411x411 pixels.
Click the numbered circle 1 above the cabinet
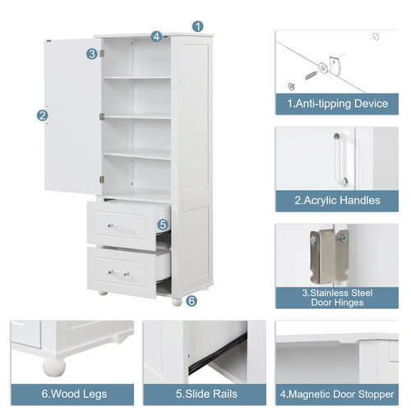pyautogui.click(x=198, y=26)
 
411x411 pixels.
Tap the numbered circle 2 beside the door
pyautogui.click(x=43, y=115)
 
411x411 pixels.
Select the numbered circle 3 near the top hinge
pyautogui.click(x=92, y=54)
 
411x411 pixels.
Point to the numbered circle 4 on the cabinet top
pyautogui.click(x=156, y=36)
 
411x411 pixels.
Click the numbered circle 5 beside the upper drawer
pyautogui.click(x=163, y=224)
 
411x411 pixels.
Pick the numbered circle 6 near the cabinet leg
pyautogui.click(x=192, y=301)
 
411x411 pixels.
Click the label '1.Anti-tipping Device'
pyautogui.click(x=337, y=104)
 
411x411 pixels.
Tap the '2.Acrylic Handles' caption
pyautogui.click(x=337, y=201)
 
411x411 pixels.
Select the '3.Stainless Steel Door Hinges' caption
pyautogui.click(x=337, y=298)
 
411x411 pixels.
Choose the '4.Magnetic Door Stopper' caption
pyautogui.click(x=337, y=395)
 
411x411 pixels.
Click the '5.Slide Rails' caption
pyautogui.click(x=206, y=394)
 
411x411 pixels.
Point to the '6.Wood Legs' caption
pyautogui.click(x=74, y=394)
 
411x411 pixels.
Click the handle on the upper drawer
pyautogui.click(x=118, y=227)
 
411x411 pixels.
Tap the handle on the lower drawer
pyautogui.click(x=118, y=273)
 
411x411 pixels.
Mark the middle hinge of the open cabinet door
pyautogui.click(x=102, y=117)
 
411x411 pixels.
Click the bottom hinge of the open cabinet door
pyautogui.click(x=102, y=180)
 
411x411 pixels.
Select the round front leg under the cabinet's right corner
pyautogui.click(x=177, y=302)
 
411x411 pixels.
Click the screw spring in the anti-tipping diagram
pyautogui.click(x=312, y=75)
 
